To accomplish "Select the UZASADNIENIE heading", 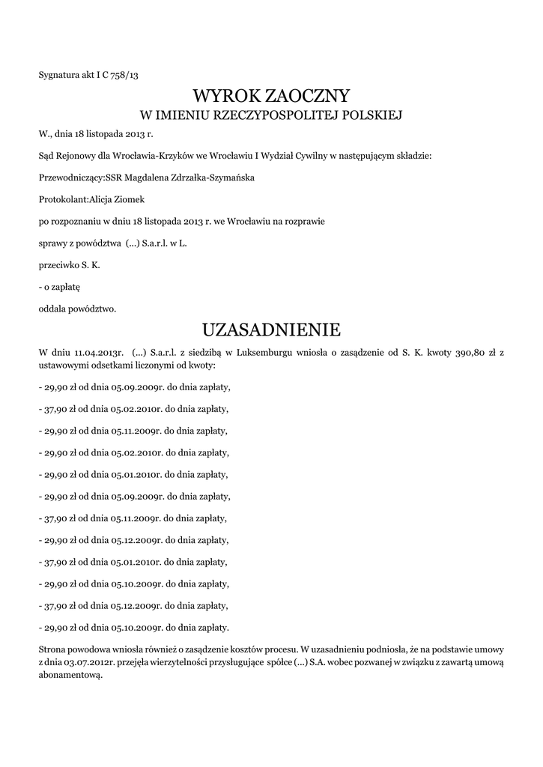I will click(x=271, y=330).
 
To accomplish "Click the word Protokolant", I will click(x=63, y=200).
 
